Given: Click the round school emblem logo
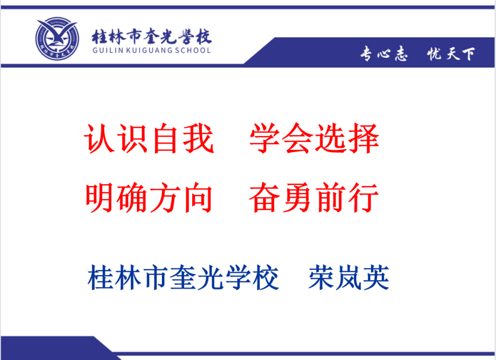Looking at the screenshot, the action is pos(57,39).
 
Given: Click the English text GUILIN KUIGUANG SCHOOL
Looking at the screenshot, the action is pos(152,50).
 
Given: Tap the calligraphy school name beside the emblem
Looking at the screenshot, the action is pos(152,36).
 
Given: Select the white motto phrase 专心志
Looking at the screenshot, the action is pos(384,53).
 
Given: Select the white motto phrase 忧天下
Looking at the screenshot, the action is pos(451,54).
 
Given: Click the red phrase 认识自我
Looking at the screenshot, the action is pos(149,138).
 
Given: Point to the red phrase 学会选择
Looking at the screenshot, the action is pos(314,138).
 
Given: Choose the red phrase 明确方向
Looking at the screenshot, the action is pos(149,198).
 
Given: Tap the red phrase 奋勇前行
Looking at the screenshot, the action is pos(314,198).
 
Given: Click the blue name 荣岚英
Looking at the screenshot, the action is pos(349,277).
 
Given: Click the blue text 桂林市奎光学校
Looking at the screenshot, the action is pos(183,277).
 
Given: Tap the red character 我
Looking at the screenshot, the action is pos(198,138).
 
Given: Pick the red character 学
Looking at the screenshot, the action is pos(265,138).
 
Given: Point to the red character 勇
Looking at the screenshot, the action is pos(298,198).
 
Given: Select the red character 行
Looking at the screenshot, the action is pos(364,198).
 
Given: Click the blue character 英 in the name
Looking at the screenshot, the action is pos(376,277).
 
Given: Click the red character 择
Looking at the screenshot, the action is pos(364,138).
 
